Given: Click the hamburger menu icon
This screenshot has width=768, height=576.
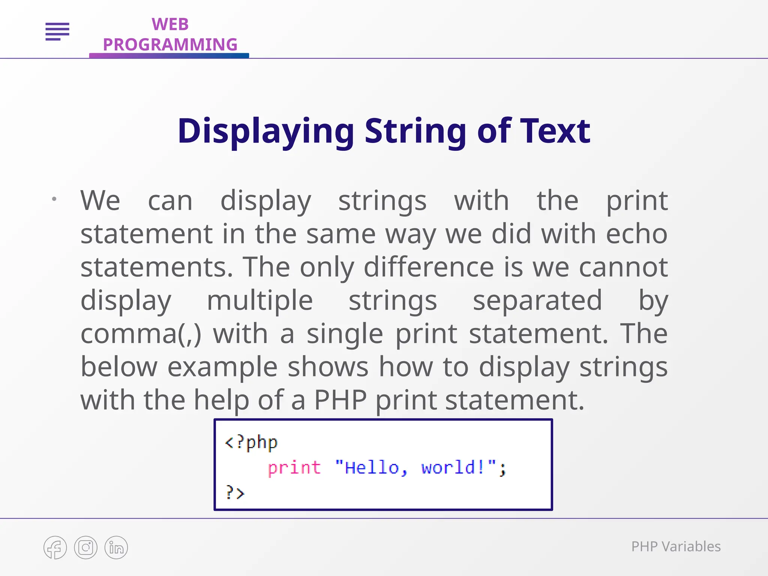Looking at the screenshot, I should click(x=57, y=31).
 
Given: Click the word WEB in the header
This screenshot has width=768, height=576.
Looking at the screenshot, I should click(x=170, y=24).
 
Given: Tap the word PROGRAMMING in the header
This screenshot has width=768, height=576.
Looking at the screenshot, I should click(x=170, y=45).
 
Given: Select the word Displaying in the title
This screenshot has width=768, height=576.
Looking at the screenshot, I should click(x=265, y=131).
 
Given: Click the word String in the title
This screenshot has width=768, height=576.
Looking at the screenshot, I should click(x=415, y=131).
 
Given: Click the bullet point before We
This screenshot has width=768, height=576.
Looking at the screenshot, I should click(x=54, y=199).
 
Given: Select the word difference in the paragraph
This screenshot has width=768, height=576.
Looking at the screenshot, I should click(x=429, y=267).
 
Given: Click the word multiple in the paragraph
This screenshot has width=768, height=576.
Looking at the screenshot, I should click(x=259, y=300).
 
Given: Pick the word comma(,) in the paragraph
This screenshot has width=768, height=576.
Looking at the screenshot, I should click(x=141, y=334).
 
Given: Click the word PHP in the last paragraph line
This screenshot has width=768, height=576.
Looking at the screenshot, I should click(x=340, y=400).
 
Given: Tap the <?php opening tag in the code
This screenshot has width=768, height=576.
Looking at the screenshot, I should click(x=251, y=442).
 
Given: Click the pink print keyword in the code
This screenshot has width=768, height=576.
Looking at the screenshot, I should click(x=294, y=468).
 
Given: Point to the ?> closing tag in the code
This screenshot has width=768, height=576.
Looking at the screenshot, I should click(x=235, y=492).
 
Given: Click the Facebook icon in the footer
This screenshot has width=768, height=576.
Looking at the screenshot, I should click(x=55, y=547).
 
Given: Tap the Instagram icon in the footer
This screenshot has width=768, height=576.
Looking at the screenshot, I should click(x=85, y=547).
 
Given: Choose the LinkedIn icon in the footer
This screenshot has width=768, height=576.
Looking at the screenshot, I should click(x=116, y=547).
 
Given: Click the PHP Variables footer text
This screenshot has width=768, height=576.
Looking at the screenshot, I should click(x=676, y=547).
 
